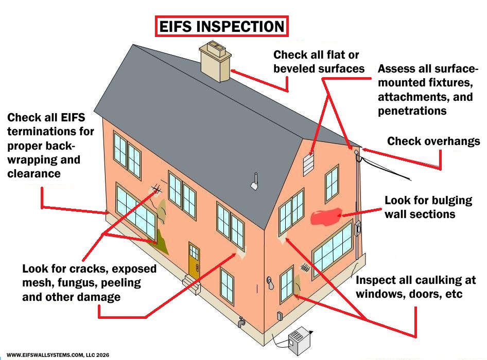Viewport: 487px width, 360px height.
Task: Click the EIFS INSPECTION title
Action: point(221,27)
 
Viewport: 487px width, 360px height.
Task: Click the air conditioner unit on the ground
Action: point(301,341)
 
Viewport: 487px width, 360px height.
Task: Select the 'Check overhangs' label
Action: point(433,141)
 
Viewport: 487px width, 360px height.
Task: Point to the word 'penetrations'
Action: point(412,111)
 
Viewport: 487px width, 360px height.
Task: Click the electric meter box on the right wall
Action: point(356,229)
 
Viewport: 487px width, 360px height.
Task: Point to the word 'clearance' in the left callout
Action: point(34,173)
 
